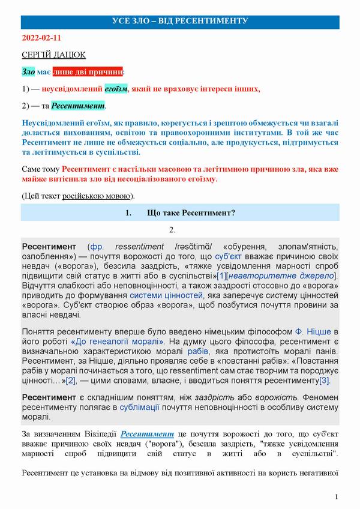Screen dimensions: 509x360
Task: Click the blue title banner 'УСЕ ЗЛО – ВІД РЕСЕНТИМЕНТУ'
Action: point(180,22)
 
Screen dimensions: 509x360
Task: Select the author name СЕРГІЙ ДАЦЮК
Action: point(53,55)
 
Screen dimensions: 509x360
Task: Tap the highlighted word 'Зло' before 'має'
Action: point(28,72)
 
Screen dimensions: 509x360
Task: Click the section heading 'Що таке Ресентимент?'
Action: point(190,213)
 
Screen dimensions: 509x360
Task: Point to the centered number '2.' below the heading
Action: point(172,230)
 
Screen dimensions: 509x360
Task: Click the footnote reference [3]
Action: point(325,381)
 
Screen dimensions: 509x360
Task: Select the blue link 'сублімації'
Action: point(135,406)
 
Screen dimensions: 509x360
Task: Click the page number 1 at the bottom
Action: point(337,497)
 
